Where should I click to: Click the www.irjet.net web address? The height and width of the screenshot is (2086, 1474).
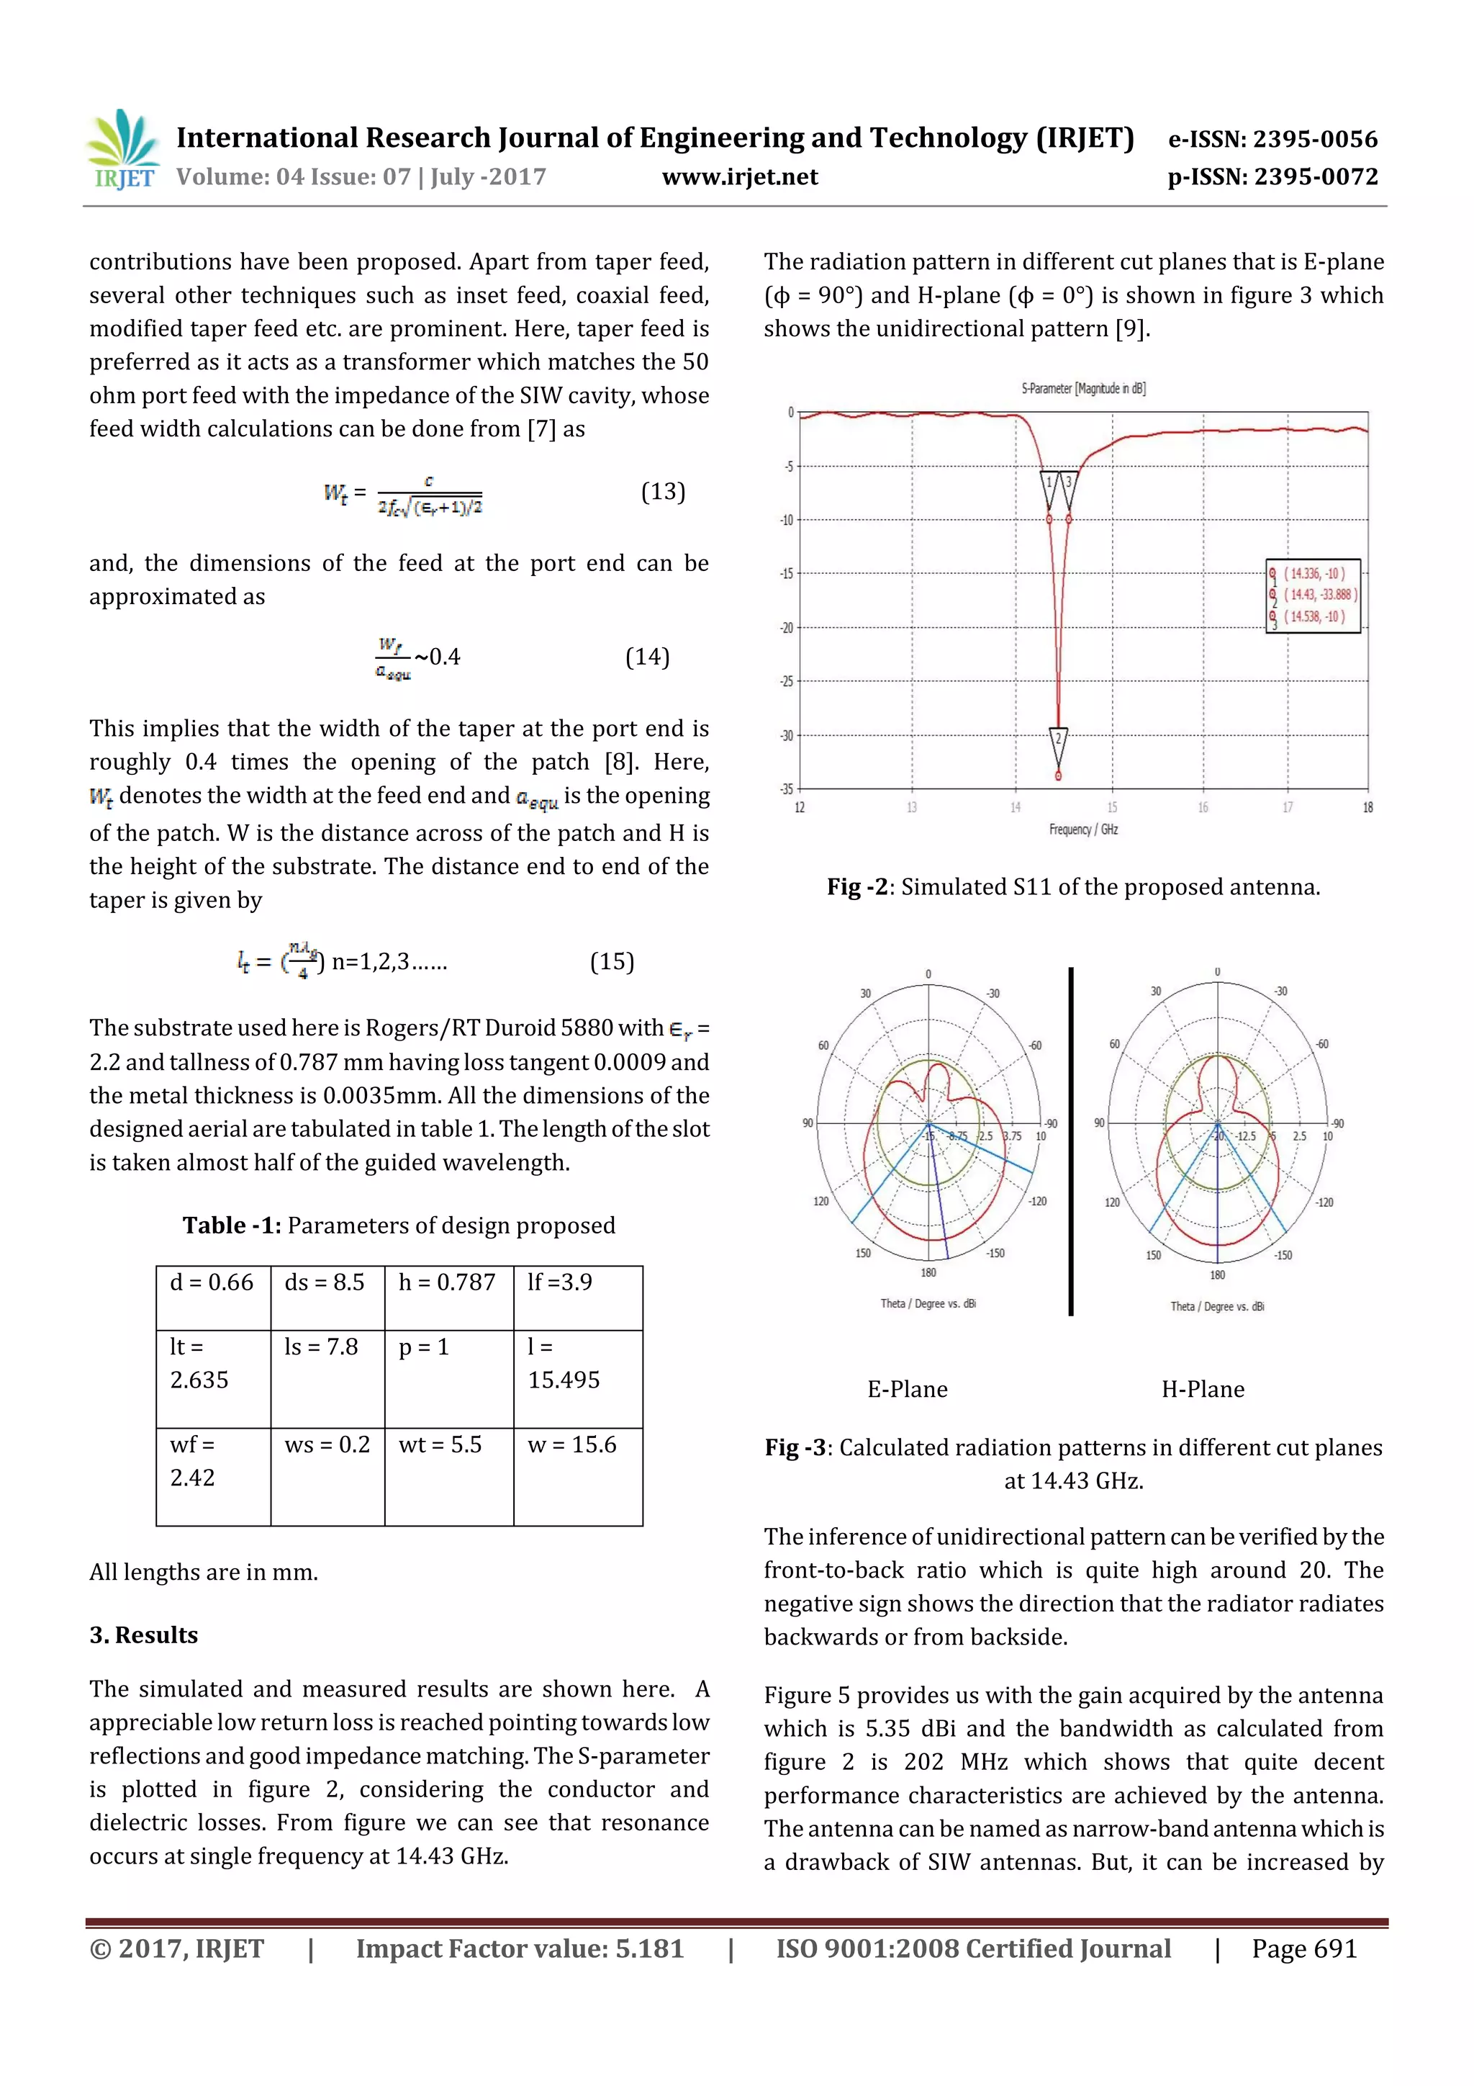pyautogui.click(x=739, y=177)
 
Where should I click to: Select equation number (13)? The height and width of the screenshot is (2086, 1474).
pyautogui.click(x=663, y=492)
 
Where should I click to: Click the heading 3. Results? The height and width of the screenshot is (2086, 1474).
pyautogui.click(x=143, y=1635)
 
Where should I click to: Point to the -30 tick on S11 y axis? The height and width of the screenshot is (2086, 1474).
pyautogui.click(x=787, y=735)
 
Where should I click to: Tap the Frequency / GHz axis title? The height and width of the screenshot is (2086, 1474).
pyautogui.click(x=1082, y=830)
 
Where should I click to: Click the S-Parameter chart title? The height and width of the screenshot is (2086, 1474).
pyautogui.click(x=1082, y=389)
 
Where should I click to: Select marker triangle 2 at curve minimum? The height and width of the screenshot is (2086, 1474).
pyautogui.click(x=1058, y=739)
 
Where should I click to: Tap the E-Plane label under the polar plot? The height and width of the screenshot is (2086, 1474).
pyautogui.click(x=908, y=1389)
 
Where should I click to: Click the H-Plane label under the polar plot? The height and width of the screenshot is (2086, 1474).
pyautogui.click(x=1203, y=1389)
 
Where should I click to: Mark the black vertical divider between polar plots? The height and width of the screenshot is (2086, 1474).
pyautogui.click(x=1071, y=1141)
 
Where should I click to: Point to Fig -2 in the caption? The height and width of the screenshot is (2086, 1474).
pyautogui.click(x=856, y=886)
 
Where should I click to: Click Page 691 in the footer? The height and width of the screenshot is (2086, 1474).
pyautogui.click(x=1303, y=1948)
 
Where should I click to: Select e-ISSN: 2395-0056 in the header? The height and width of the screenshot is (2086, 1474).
pyautogui.click(x=1272, y=139)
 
